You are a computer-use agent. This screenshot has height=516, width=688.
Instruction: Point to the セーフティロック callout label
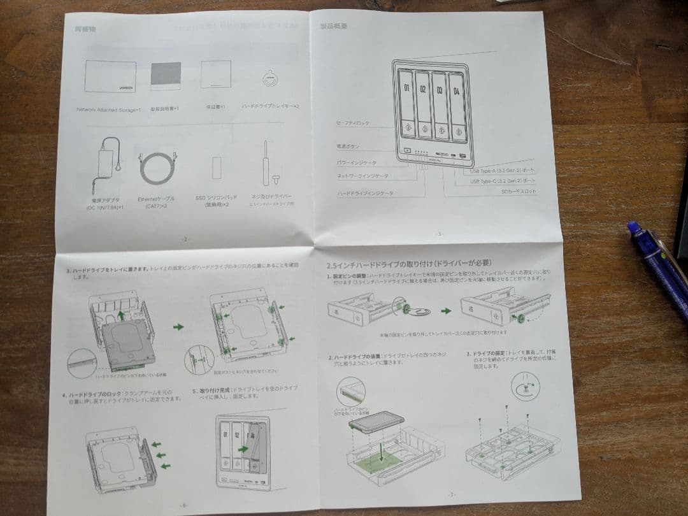tap(352, 122)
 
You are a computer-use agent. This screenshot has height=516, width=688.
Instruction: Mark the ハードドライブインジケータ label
tap(365, 192)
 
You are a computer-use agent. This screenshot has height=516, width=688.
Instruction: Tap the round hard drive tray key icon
tap(269, 79)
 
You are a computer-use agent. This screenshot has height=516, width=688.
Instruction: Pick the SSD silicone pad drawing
tap(216, 169)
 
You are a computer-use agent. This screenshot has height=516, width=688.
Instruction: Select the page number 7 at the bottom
tap(451, 494)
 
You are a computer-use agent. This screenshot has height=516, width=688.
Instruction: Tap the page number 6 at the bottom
tap(185, 504)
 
